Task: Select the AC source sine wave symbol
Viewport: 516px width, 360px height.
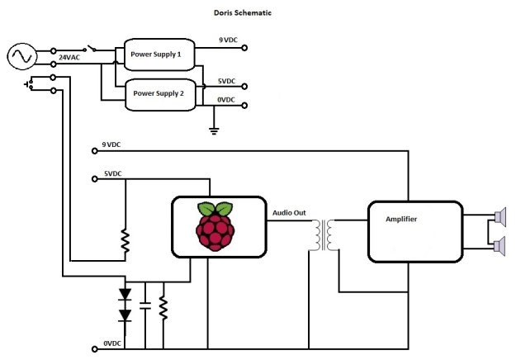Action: pyautogui.click(x=21, y=57)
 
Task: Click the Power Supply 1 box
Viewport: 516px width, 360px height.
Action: pyautogui.click(x=160, y=54)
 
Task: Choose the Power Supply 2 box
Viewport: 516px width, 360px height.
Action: pyautogui.click(x=160, y=94)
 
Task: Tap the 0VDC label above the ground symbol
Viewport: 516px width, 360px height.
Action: pyautogui.click(x=225, y=100)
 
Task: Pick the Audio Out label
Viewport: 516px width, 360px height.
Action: pyautogui.click(x=289, y=213)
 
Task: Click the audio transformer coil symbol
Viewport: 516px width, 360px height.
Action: pyautogui.click(x=324, y=235)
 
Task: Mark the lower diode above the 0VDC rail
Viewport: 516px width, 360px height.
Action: pyautogui.click(x=125, y=315)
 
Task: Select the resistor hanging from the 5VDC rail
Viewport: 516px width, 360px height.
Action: pyautogui.click(x=125, y=239)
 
